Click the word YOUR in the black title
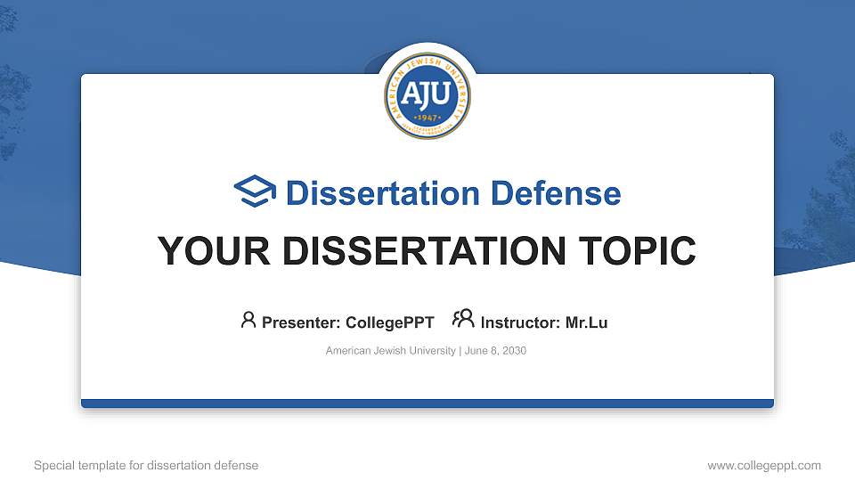point(206,251)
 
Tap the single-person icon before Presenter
point(248,320)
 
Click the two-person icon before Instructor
point(463,319)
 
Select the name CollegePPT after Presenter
point(389,322)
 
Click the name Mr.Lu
point(586,322)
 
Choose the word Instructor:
point(521,322)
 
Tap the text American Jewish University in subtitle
point(390,351)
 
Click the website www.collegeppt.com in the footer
point(764,465)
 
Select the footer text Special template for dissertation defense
point(146,465)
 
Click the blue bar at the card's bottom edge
point(427,404)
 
